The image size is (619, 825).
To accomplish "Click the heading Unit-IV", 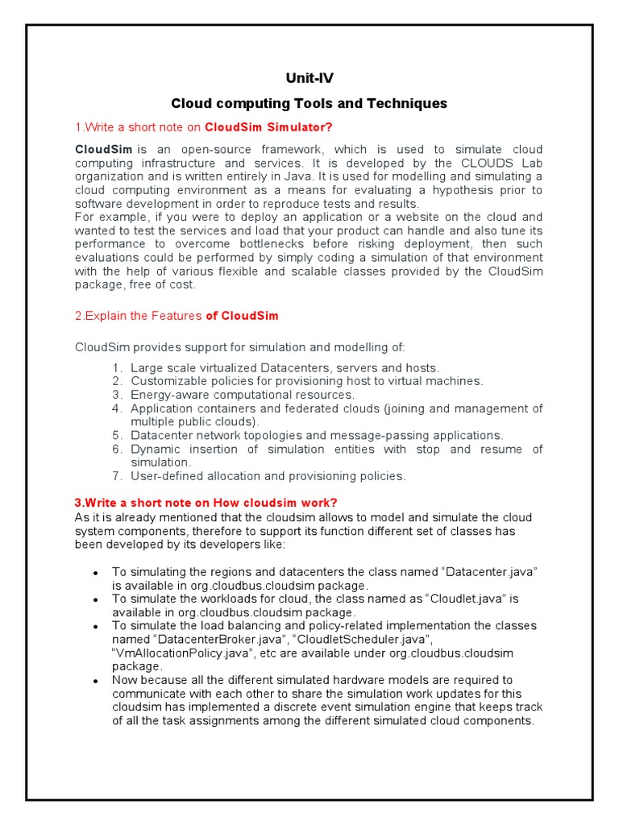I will [x=309, y=78].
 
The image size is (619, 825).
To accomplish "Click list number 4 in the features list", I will [x=117, y=408].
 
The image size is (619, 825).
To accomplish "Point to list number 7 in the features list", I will [x=117, y=476].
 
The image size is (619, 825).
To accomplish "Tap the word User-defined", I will [x=165, y=476].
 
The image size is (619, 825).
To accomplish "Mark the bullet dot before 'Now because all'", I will [x=95, y=681].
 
